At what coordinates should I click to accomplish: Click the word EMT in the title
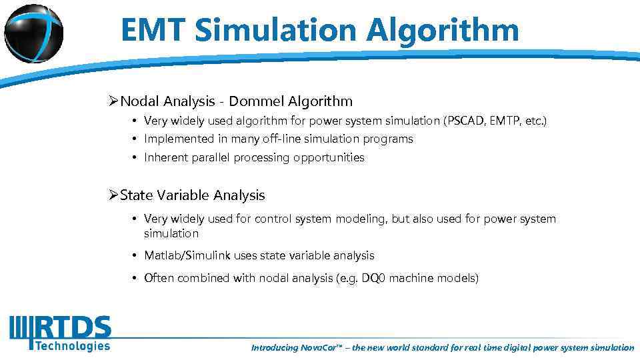tap(154, 30)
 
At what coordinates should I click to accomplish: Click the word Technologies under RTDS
tap(72, 345)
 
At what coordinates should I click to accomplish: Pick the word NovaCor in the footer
tap(324, 347)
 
